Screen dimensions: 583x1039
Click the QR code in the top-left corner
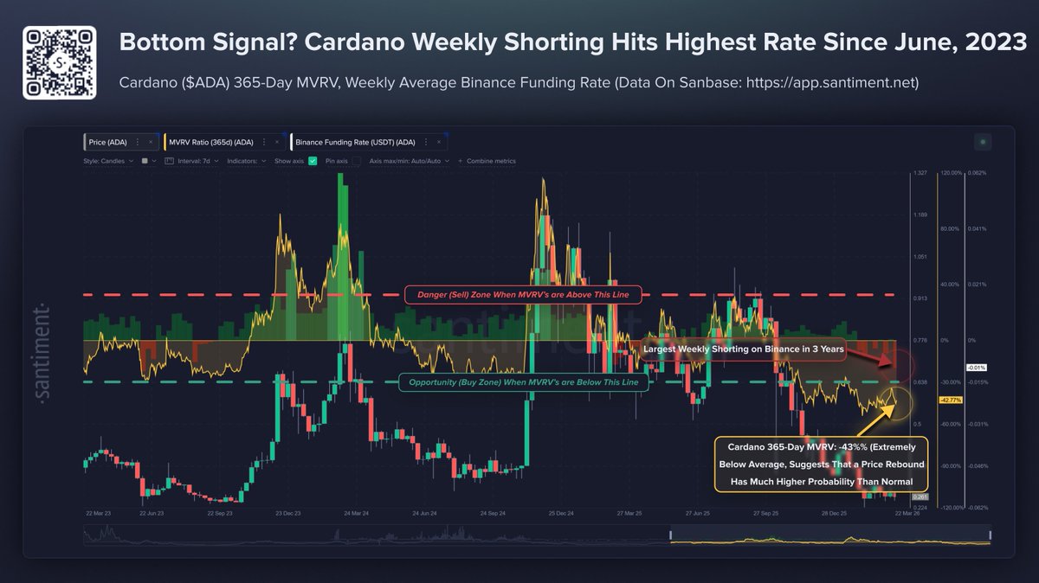point(59,61)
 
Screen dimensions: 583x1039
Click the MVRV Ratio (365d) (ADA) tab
point(221,142)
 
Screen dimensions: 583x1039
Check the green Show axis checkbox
point(314,161)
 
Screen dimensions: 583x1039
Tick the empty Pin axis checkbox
point(357,161)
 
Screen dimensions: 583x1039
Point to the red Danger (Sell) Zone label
point(523,295)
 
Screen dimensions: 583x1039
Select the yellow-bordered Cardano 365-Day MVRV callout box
point(821,464)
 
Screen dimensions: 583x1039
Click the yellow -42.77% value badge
point(951,400)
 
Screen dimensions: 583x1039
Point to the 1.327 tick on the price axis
point(920,173)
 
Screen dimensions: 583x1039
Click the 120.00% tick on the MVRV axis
point(951,173)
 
